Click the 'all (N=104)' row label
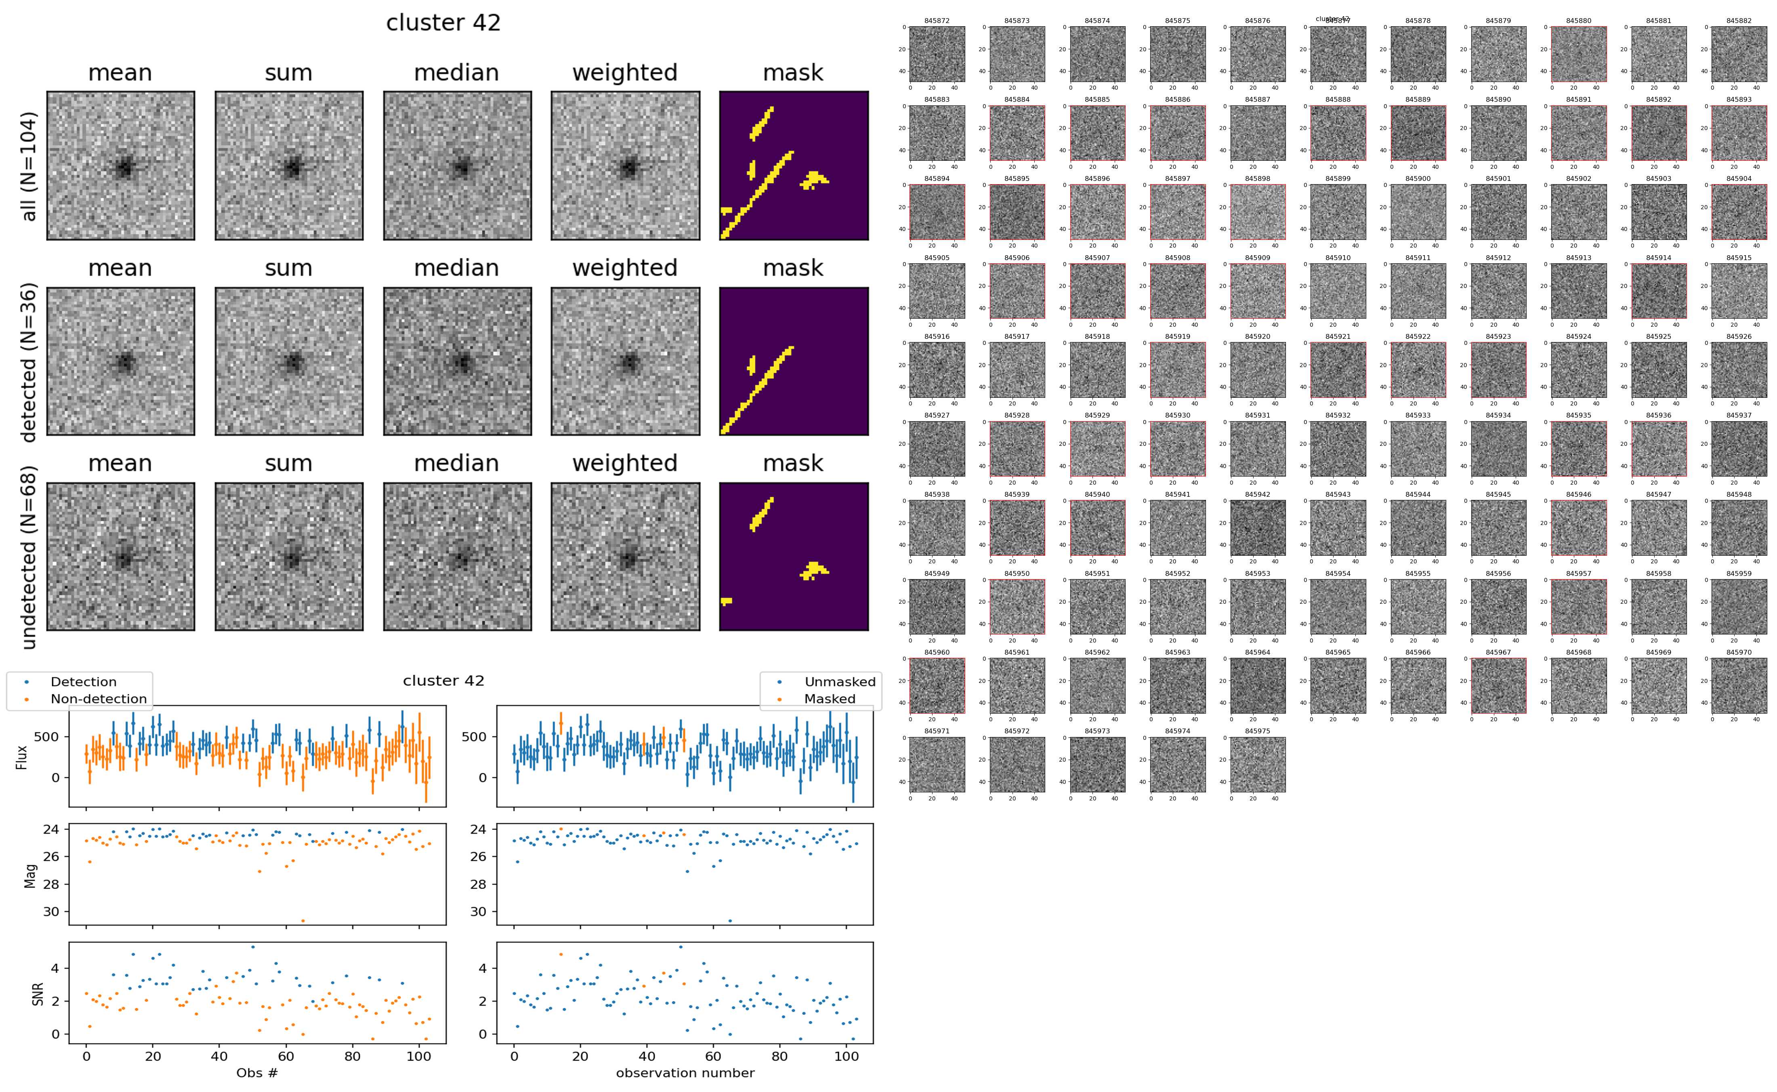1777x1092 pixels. (x=29, y=166)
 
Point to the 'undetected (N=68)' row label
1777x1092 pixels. (x=29, y=557)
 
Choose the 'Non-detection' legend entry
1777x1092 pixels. (x=98, y=699)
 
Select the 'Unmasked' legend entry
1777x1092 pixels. (x=840, y=682)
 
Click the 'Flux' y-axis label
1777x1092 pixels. (x=22, y=756)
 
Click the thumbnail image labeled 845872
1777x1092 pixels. (x=937, y=54)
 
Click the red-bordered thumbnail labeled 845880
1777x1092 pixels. (x=1578, y=54)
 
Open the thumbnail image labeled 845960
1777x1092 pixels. (x=937, y=685)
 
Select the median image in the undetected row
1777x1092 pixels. (x=457, y=557)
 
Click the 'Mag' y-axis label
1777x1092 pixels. (x=30, y=875)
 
